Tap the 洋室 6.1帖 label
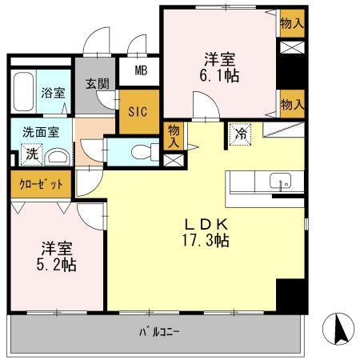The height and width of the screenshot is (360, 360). click(x=220, y=67)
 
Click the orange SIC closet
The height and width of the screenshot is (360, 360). click(x=137, y=111)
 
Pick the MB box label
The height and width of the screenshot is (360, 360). click(x=141, y=70)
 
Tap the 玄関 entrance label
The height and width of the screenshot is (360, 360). click(x=98, y=82)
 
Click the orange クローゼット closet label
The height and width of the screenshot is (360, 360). click(x=41, y=183)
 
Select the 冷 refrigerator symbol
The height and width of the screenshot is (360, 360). click(x=240, y=134)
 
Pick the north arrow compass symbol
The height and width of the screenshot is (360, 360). click(x=338, y=326)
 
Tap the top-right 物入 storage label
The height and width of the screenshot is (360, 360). click(x=292, y=24)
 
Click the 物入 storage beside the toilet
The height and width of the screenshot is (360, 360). click(x=172, y=134)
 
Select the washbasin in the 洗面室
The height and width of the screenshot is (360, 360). click(x=58, y=156)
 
